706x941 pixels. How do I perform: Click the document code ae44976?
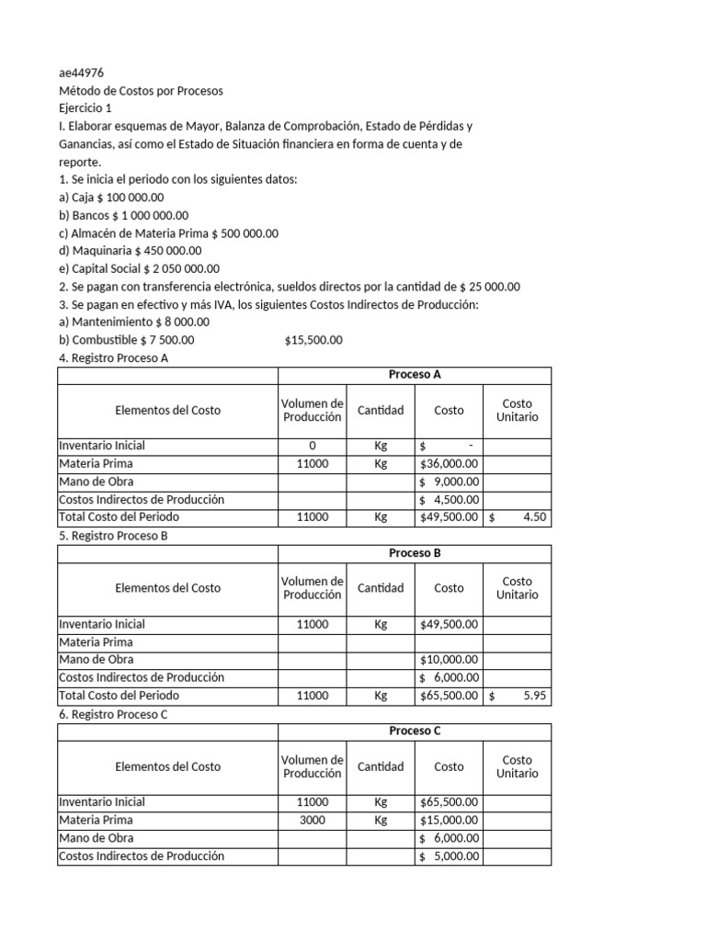[80, 74]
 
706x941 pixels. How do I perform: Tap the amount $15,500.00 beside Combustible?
[313, 340]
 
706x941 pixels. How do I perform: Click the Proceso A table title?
[415, 375]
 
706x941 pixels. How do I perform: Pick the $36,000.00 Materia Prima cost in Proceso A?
[449, 464]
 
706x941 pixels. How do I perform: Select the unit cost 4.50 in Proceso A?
[518, 517]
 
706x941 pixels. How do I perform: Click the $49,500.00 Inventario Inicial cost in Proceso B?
[449, 624]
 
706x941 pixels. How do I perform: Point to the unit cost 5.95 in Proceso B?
[518, 696]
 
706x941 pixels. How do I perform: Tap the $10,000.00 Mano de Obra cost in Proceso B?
[449, 660]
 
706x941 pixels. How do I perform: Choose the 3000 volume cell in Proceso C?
[313, 820]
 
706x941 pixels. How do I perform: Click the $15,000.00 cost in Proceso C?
[449, 820]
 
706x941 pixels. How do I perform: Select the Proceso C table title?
[415, 731]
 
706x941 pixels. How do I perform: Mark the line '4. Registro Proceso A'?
[113, 357]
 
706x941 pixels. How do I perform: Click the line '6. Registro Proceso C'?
[113, 714]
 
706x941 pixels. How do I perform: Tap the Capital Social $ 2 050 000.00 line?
[139, 268]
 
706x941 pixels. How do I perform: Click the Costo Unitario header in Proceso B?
[518, 588]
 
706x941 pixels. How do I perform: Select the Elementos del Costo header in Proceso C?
[167, 766]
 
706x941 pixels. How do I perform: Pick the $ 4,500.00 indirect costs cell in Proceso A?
[449, 500]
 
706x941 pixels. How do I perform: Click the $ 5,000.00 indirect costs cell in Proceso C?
[449, 856]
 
